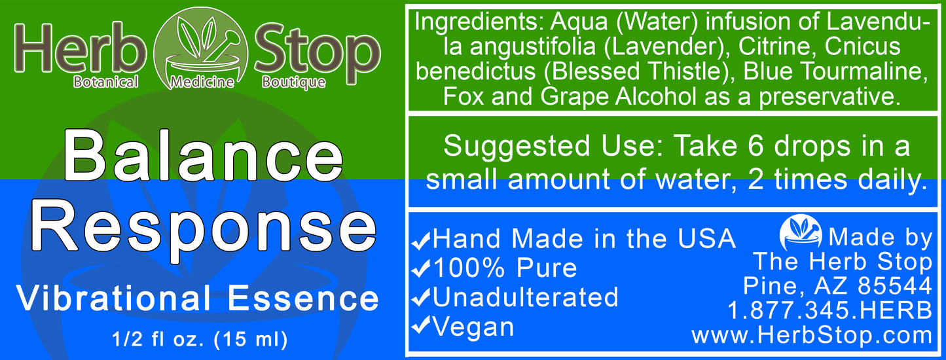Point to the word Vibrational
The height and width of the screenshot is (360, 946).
click(x=113, y=298)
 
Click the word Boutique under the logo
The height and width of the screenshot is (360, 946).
click(x=293, y=82)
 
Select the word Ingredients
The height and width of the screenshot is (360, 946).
click(x=480, y=24)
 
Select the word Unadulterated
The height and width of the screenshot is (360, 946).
click(x=525, y=297)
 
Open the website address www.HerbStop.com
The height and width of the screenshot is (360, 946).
click(x=812, y=335)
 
